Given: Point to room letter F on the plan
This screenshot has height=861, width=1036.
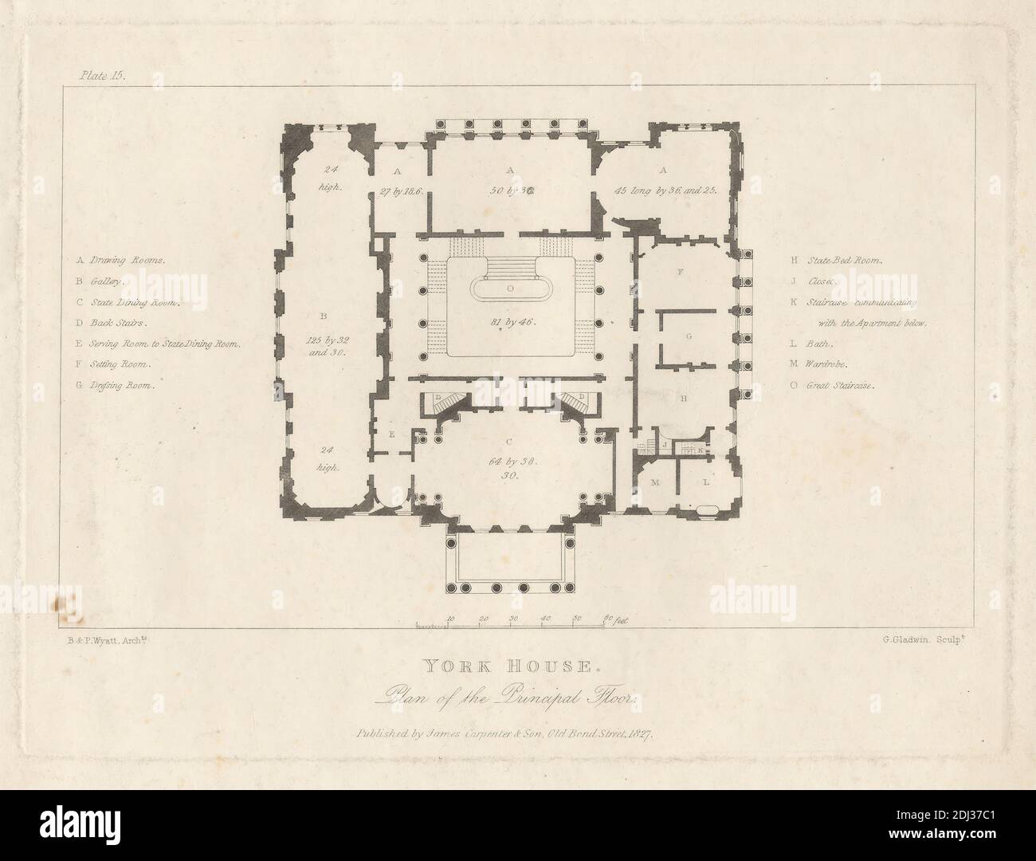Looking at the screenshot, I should point(680,273).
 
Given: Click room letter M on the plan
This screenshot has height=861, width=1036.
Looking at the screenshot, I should point(655,483).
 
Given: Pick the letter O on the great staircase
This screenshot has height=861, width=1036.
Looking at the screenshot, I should point(510,285).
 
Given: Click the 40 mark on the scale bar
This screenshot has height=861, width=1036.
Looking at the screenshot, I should point(546,618).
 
